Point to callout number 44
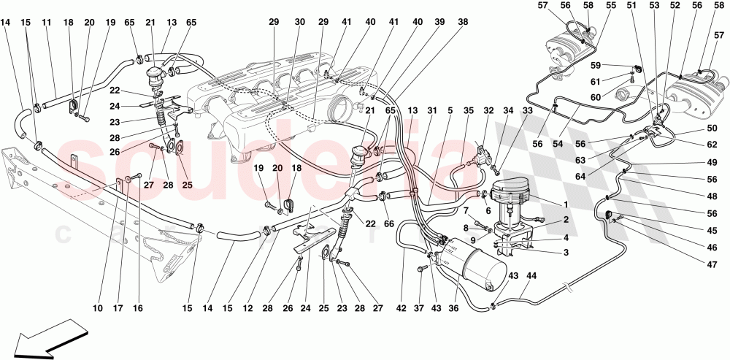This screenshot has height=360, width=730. pyautogui.click(x=531, y=276)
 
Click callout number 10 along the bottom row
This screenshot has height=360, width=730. pyautogui.click(x=98, y=309)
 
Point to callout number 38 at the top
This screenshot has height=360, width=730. pyautogui.click(x=464, y=22)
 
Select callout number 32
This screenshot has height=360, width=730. pyautogui.click(x=488, y=111)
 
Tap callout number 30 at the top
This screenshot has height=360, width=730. pyautogui.click(x=300, y=22)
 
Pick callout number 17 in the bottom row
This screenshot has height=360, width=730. pyautogui.click(x=118, y=309)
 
